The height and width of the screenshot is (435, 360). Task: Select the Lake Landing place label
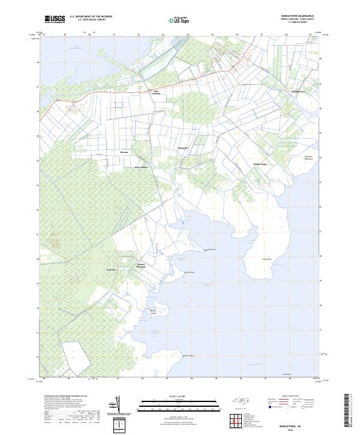(155, 92)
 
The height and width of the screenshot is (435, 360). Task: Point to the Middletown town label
(298, 91)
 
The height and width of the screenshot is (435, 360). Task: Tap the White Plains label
(260, 164)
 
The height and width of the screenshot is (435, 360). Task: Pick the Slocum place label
(124, 152)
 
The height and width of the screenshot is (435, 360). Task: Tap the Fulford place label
(110, 270)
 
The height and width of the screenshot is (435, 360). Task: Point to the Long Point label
(267, 259)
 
